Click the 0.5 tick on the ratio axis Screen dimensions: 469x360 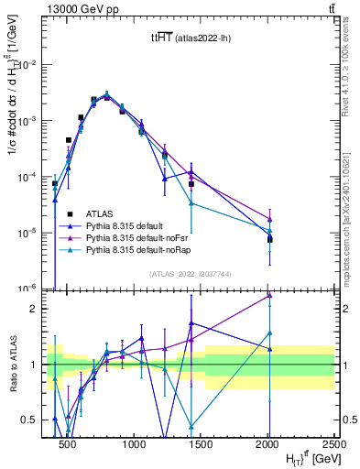point(29,420)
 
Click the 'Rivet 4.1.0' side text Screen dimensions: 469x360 point(346,73)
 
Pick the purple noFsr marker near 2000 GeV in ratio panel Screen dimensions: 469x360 point(269,295)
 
